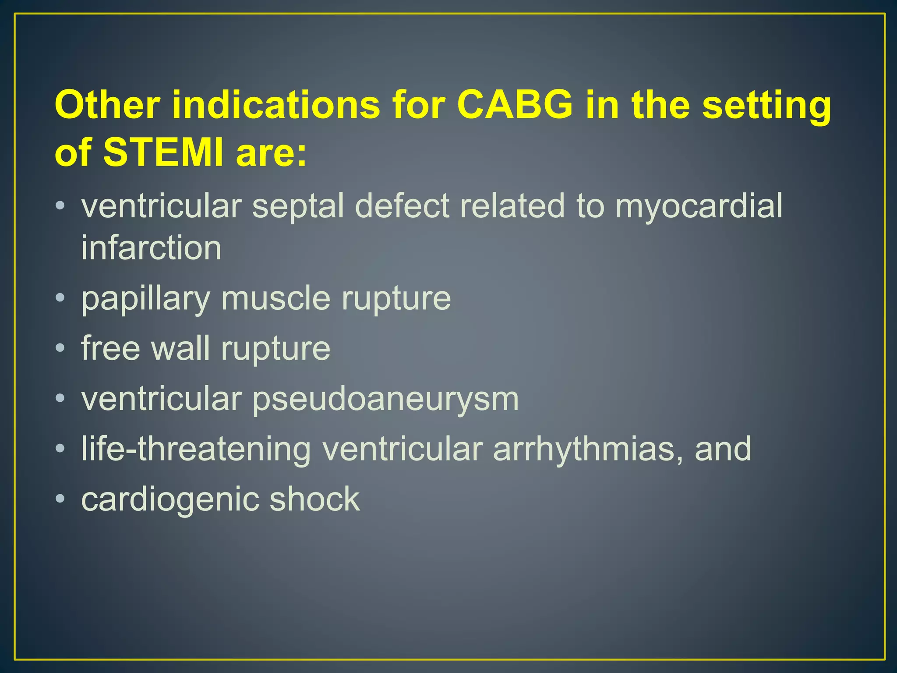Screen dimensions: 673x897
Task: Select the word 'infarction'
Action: [151, 248]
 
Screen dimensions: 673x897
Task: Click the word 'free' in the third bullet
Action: [110, 348]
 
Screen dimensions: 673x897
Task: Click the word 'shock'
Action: [314, 499]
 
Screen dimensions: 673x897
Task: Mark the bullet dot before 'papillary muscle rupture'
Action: [60, 298]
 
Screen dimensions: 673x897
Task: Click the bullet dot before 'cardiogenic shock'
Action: [60, 499]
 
